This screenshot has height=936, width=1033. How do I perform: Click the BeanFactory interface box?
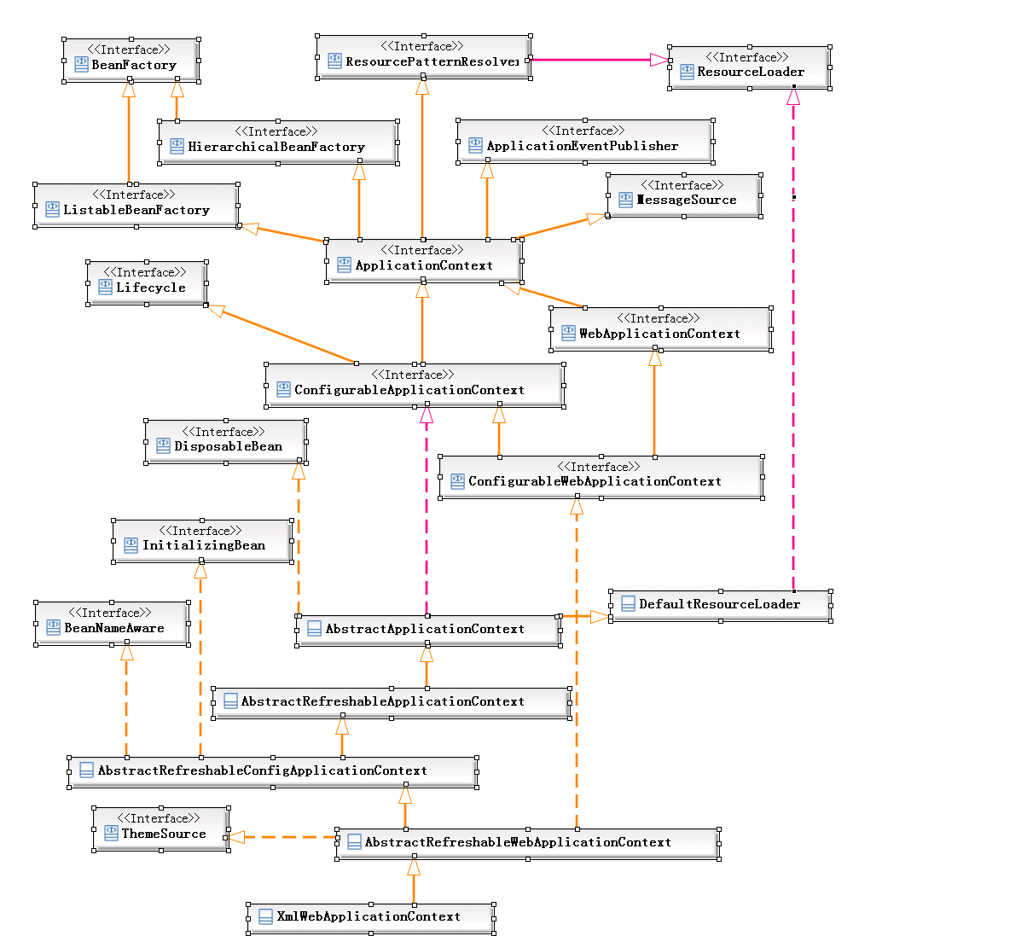[x=131, y=60]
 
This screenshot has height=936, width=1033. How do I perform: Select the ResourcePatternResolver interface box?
[x=423, y=57]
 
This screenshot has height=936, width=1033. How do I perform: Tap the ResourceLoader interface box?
[x=749, y=67]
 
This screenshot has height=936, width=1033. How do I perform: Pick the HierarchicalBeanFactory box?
[x=278, y=142]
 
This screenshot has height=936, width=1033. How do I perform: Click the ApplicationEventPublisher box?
[x=585, y=141]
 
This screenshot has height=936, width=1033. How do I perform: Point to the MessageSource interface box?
[x=684, y=195]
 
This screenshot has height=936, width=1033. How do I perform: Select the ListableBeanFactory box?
[x=136, y=206]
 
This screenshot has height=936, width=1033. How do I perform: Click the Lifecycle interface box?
[x=147, y=282]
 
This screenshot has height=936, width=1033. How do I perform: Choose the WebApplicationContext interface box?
[x=661, y=328]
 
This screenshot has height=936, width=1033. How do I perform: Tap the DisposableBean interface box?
[x=226, y=441]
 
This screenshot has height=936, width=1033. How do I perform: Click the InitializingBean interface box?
[x=202, y=541]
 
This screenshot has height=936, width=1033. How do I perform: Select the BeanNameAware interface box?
[x=112, y=623]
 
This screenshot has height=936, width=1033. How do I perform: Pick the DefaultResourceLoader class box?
[x=720, y=605]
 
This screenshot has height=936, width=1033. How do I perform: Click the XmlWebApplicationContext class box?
[x=370, y=917]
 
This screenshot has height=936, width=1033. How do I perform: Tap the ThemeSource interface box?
[x=160, y=828]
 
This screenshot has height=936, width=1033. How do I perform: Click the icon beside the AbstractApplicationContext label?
[x=314, y=629]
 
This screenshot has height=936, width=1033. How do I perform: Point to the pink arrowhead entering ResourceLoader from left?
[x=659, y=60]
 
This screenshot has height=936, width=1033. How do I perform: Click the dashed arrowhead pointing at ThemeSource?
[x=236, y=837]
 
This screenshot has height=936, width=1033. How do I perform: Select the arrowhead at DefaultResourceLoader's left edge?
[x=600, y=616]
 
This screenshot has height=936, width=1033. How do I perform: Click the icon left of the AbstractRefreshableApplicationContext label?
[x=229, y=701]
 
